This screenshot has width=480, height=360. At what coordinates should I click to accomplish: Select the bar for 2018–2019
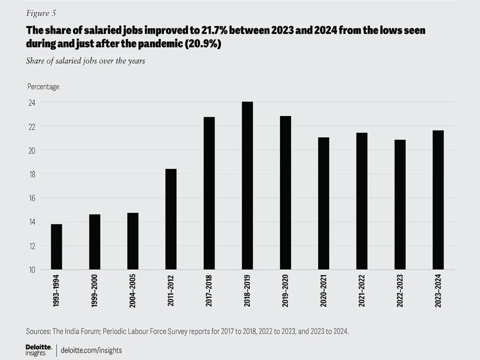point(247,186)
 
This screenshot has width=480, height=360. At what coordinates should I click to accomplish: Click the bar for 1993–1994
point(57,247)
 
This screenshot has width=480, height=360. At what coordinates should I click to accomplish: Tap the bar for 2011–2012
point(171,219)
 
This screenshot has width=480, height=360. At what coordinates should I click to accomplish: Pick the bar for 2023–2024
point(438,200)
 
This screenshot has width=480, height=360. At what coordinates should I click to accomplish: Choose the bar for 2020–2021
point(324,203)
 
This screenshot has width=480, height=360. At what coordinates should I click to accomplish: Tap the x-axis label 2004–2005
point(132,291)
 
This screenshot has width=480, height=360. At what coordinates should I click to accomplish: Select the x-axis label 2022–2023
point(400,291)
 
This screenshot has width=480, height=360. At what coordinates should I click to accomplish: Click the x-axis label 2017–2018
point(209,291)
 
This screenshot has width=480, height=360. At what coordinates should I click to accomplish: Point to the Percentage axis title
point(43,87)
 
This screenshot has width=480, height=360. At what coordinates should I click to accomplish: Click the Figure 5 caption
point(41,13)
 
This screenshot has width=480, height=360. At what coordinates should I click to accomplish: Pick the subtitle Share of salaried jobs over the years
point(85,61)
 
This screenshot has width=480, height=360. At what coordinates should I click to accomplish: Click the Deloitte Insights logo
point(39,350)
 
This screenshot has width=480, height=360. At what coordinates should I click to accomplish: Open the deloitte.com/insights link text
point(91,350)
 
